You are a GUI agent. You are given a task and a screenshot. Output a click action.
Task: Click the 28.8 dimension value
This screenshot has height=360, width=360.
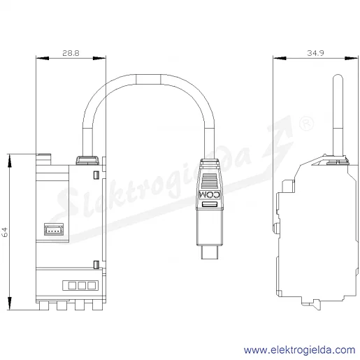click(x=71, y=53)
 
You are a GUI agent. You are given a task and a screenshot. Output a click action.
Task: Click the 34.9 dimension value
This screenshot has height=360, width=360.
click(x=315, y=53)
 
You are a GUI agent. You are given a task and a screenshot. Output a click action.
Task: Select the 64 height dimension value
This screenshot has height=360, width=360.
click(x=5, y=232)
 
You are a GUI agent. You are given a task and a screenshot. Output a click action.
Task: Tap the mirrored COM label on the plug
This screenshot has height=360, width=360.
click(x=210, y=195)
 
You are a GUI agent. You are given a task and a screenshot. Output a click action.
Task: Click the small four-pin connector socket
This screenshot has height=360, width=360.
click(x=54, y=229)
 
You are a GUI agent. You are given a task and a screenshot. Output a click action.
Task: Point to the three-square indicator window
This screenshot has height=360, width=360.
click(x=80, y=285)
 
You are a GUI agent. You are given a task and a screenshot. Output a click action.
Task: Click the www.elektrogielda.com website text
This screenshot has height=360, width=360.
click(x=300, y=350)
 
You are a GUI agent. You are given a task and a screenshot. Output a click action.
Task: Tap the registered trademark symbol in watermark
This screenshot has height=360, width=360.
click(x=306, y=123)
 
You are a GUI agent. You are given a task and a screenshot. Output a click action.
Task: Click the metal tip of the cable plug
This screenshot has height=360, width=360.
click(x=210, y=252)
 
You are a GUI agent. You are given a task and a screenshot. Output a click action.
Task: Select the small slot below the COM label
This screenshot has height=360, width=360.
click(x=210, y=204)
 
